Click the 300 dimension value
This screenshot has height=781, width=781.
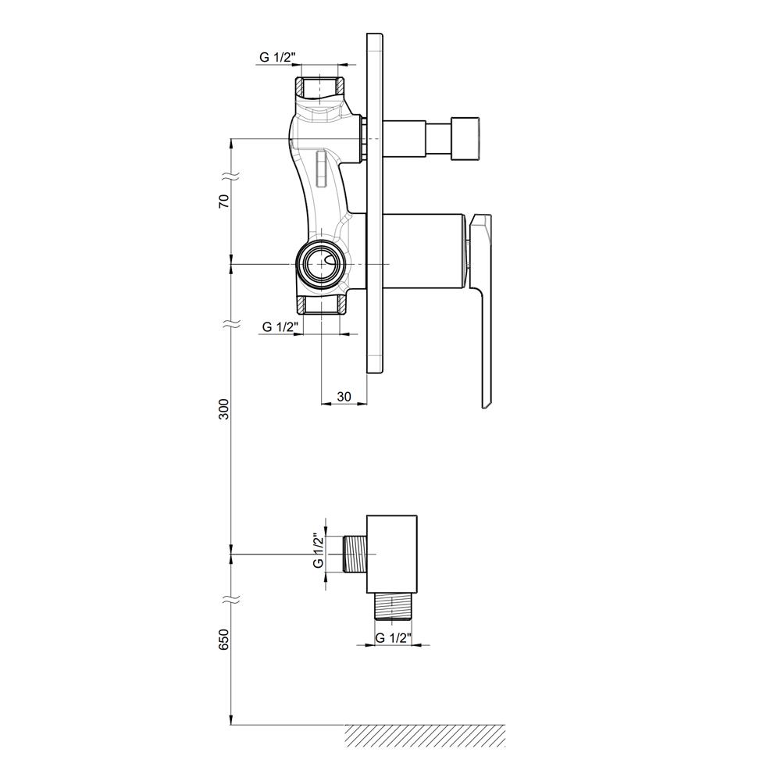point(225,409)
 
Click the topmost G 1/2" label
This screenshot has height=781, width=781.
point(277,57)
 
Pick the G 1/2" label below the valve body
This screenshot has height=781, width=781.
point(280,326)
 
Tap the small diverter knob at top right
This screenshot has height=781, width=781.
point(465,138)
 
